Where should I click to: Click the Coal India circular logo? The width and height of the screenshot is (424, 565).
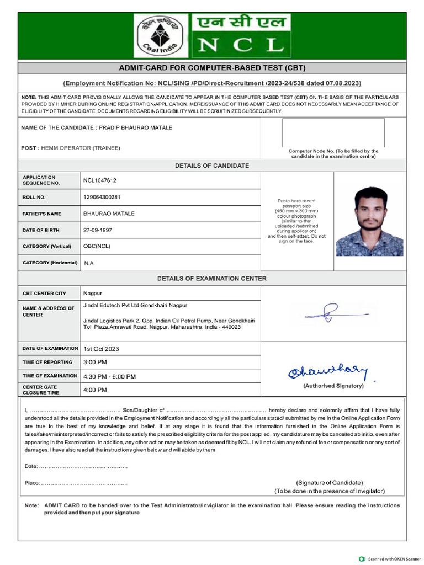tap(161, 35)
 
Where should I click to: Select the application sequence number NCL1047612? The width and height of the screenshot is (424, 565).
tap(100, 180)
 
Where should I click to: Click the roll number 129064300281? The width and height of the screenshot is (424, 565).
tap(102, 197)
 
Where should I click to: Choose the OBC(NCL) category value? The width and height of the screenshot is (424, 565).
tap(97, 246)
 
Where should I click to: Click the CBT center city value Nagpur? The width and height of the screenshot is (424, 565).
tap(93, 293)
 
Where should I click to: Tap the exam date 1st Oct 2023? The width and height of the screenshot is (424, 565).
tap(101, 349)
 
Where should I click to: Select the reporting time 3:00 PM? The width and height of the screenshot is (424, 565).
tap(95, 362)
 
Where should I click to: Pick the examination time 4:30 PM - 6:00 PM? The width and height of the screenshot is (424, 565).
tap(109, 376)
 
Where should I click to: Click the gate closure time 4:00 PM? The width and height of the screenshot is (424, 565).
tap(95, 390)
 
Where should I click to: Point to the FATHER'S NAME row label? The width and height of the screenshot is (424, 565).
tap(42, 214)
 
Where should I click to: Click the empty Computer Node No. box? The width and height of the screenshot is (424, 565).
tap(333, 132)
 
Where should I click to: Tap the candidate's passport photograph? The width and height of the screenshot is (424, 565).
tap(369, 221)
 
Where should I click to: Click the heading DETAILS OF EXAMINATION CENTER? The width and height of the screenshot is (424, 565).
tap(211, 279)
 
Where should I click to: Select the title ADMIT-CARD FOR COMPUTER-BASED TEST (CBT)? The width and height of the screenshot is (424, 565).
tap(212, 68)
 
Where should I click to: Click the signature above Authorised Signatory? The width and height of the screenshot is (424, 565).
tap(327, 373)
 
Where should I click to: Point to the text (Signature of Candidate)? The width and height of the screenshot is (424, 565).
tap(330, 482)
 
